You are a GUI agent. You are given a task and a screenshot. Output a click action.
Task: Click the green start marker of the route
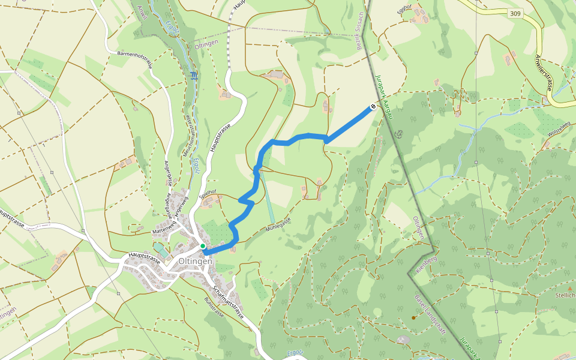pyautogui.click(x=203, y=246)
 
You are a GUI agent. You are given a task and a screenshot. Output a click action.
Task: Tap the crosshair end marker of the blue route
pyautogui.click(x=373, y=107)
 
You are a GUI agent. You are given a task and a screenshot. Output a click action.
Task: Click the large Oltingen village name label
pyautogui.click(x=195, y=262)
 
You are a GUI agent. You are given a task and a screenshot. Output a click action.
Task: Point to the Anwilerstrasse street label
pyautogui.click(x=544, y=72)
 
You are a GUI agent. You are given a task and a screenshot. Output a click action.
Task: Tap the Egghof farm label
pyautogui.click(x=406, y=7)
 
